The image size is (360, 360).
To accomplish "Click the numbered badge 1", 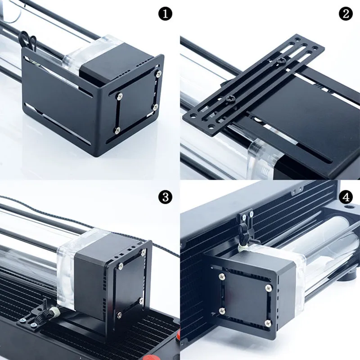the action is pyautogui.click(x=165, y=14).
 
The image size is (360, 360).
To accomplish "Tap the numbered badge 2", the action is pyautogui.click(x=346, y=14).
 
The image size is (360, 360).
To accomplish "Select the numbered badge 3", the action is pyautogui.click(x=165, y=197).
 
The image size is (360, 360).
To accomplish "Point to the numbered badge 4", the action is pyautogui.click(x=346, y=197).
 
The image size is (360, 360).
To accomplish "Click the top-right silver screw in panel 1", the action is pyautogui.click(x=158, y=74).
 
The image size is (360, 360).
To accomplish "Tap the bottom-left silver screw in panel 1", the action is pyautogui.click(x=117, y=130).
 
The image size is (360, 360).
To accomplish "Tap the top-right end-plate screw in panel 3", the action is pyautogui.click(x=144, y=252).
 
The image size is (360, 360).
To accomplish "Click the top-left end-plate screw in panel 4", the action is pyautogui.click(x=221, y=276).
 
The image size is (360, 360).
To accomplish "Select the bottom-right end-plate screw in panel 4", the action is pyautogui.click(x=268, y=323).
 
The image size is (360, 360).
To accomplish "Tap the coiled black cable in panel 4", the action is pyautogui.click(x=244, y=234).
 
